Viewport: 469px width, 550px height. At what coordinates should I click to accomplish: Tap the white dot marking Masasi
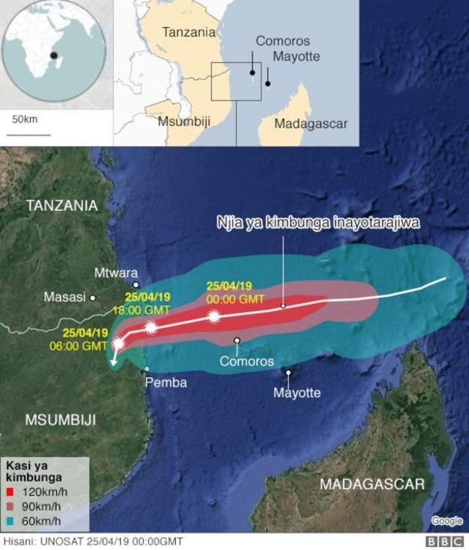coord(93,297)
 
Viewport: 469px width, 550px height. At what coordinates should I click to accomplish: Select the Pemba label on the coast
coord(166,382)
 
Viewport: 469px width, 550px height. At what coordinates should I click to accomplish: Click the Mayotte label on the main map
coord(297,393)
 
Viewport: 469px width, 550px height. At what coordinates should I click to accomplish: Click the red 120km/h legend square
coord(10,493)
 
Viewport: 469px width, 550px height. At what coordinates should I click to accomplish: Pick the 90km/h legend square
coord(10,507)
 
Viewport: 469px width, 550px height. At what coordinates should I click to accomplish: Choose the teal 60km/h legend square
coord(10,521)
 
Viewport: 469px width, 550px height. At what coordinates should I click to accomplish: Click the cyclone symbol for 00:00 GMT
coord(214,317)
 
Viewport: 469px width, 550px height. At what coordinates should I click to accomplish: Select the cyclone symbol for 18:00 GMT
coord(151,328)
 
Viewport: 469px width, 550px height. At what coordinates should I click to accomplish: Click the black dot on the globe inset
coord(53,56)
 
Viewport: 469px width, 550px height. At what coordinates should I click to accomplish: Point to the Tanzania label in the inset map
coord(189,32)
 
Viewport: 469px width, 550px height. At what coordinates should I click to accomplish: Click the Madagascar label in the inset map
coord(311,124)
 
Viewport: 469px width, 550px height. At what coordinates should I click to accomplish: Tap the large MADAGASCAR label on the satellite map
coord(372,484)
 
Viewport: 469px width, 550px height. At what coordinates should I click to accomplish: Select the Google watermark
coord(446,521)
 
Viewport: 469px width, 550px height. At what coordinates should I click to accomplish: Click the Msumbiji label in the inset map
coord(184,122)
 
